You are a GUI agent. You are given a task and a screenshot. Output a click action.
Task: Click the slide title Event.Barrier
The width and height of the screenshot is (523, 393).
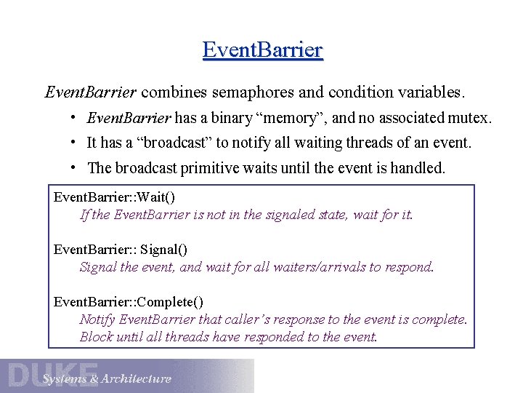coord(262,50)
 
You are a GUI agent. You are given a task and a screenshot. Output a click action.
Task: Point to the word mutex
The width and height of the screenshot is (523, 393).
coord(471,118)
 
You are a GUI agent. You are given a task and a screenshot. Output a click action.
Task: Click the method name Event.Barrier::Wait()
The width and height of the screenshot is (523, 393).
coord(115,198)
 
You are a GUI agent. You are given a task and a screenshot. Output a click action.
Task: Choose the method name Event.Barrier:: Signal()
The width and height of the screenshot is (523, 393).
coord(121,250)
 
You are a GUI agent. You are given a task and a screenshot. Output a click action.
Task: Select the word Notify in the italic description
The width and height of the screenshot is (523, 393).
coord(97,319)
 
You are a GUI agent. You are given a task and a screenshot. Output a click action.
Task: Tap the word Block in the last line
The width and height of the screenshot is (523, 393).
coord(95,337)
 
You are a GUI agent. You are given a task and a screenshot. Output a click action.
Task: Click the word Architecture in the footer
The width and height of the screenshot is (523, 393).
coord(137,378)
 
